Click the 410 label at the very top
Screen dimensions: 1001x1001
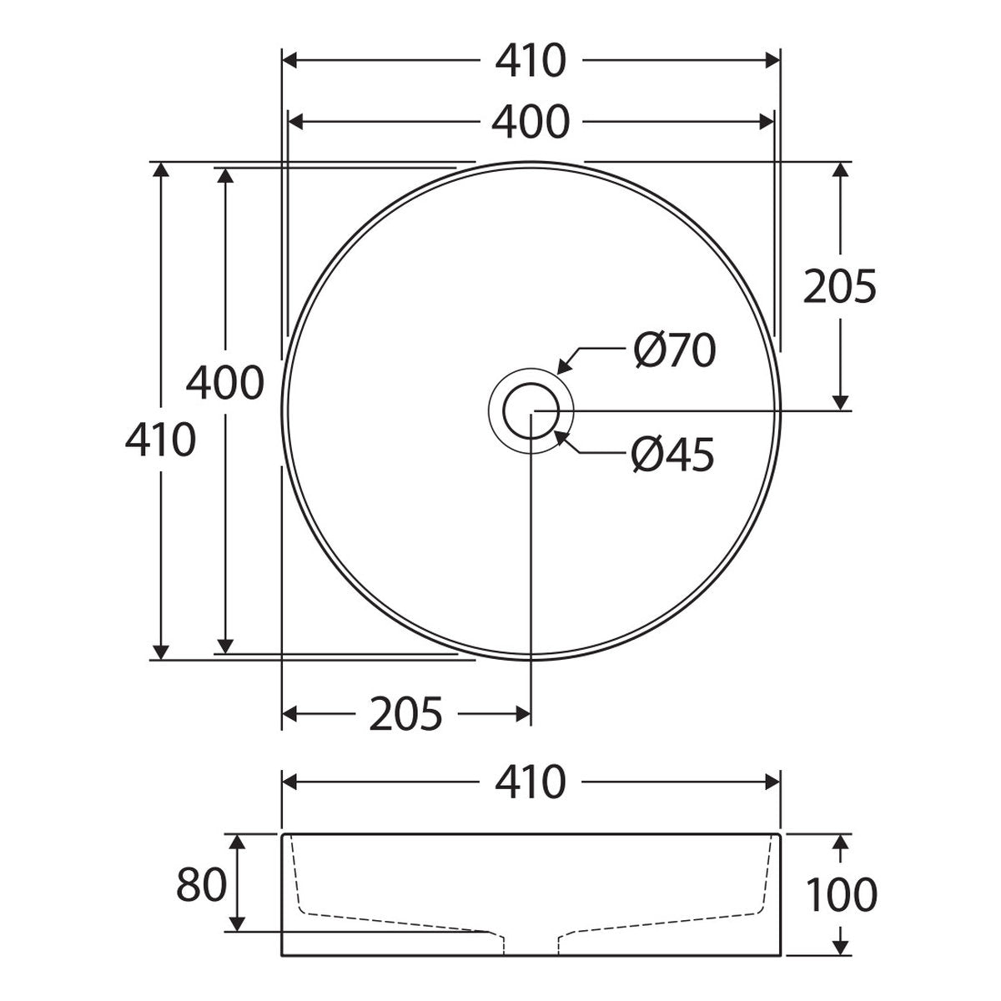(x=531, y=61)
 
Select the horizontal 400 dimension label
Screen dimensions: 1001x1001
(x=531, y=123)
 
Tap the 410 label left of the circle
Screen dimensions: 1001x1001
(x=160, y=440)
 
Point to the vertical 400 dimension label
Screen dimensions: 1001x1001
(x=225, y=383)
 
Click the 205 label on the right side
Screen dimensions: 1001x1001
(x=839, y=286)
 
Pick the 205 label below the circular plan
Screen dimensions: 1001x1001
(x=405, y=714)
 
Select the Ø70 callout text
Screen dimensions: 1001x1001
(x=674, y=350)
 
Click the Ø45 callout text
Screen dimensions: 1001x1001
(x=673, y=455)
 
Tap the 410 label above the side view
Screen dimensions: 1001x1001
(x=531, y=782)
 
